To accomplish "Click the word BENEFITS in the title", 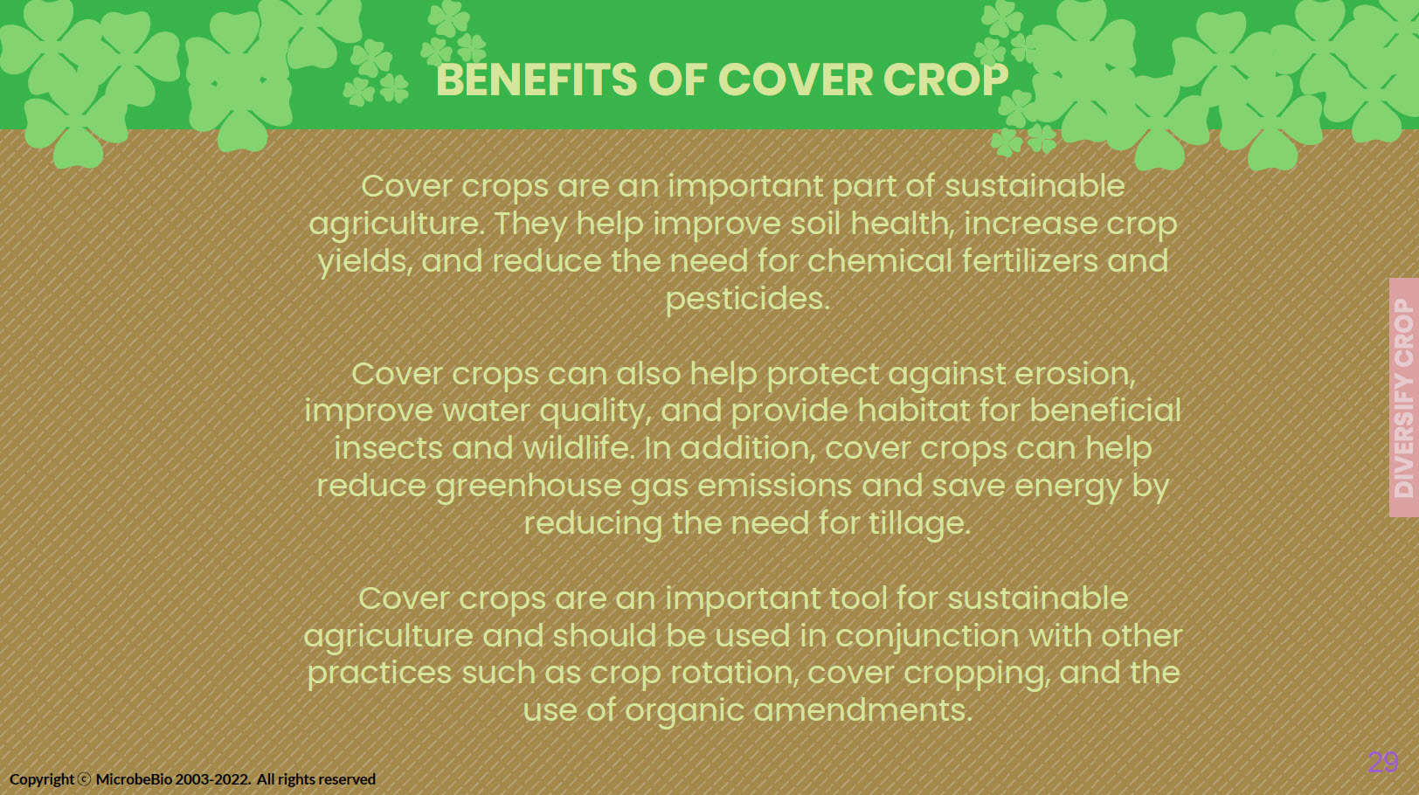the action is [x=536, y=79].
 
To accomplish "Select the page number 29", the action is [x=1382, y=762].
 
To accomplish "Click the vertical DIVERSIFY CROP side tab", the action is [x=1404, y=397].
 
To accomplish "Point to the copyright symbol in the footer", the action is [x=84, y=779].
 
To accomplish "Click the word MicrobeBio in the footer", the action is [x=134, y=779].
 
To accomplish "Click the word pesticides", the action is [x=748, y=299].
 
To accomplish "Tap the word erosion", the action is [x=1075, y=374].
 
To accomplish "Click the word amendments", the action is [x=862, y=710].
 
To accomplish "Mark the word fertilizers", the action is [x=1029, y=261].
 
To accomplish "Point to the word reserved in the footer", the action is [x=348, y=779].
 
